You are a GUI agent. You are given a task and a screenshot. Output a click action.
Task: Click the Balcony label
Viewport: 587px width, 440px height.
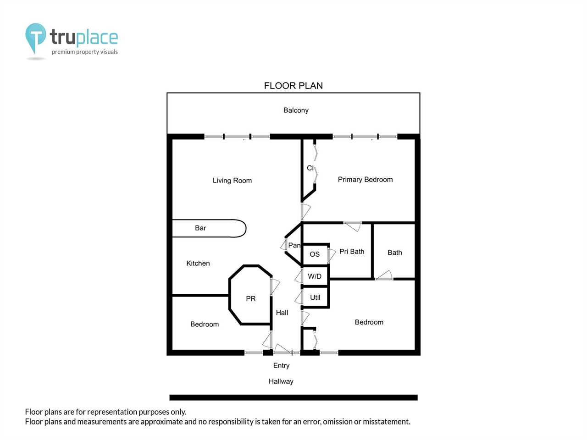coord(296,110)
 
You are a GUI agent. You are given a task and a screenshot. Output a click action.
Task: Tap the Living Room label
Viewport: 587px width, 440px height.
coord(232,180)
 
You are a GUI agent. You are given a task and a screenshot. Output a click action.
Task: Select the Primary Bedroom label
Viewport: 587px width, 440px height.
coord(365,180)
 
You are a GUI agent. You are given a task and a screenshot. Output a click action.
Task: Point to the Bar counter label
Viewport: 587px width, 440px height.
coord(200,228)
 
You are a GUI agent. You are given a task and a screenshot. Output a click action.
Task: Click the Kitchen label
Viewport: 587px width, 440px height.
coord(198,263)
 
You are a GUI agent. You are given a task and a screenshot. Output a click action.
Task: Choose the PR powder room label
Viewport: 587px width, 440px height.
coord(250,298)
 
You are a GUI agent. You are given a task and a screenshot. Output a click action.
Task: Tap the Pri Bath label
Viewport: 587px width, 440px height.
coord(352,251)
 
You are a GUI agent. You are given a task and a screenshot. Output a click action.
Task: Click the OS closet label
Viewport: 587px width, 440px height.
coord(315,254)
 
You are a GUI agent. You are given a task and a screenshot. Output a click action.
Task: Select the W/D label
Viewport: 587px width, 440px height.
coord(315,276)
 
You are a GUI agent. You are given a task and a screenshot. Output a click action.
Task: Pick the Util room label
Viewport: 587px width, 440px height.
coord(315,297)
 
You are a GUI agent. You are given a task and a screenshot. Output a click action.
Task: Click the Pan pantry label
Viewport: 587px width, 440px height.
coord(294,245)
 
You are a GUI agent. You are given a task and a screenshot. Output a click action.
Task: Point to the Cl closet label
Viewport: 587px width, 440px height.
coord(310,168)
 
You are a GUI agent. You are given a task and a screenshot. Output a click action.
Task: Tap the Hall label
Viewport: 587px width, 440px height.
coord(282,313)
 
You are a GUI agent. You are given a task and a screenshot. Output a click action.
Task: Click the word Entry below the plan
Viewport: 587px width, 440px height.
coord(281,365)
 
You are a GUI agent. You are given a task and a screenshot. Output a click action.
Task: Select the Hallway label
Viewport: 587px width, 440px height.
coord(281,381)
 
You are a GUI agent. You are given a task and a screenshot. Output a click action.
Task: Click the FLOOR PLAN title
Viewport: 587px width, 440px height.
coord(293,86)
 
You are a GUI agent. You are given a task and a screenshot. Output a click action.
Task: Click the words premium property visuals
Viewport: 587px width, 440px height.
coord(85,52)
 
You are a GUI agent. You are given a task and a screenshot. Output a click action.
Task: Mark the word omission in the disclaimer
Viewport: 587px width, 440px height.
coord(337,422)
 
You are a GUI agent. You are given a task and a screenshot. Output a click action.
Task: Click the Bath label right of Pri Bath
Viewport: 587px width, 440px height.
coord(395,253)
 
